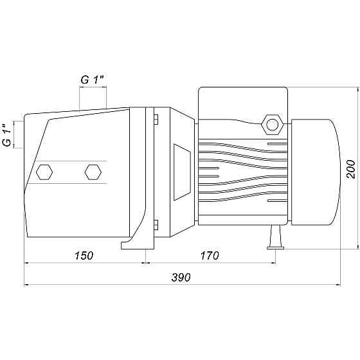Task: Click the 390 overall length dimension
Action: tap(181, 277)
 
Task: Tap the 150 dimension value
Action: tap(84, 256)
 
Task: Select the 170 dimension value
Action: tap(210, 256)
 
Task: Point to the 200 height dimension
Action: tap(350, 169)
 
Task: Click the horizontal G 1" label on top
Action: tap(93, 80)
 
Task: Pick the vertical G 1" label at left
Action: tap(7, 136)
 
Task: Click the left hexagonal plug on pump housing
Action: tap(44, 172)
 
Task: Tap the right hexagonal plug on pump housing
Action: tap(93, 172)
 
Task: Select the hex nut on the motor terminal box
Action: tap(273, 125)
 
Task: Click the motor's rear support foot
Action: tap(276, 237)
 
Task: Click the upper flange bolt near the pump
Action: tap(156, 120)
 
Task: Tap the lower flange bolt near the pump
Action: tap(156, 224)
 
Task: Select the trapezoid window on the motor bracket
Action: tap(182, 172)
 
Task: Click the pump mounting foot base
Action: tap(138, 245)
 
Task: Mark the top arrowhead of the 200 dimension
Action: tap(357, 91)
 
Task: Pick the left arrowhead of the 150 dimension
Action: tap(27, 263)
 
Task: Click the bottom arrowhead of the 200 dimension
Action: tap(357, 246)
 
